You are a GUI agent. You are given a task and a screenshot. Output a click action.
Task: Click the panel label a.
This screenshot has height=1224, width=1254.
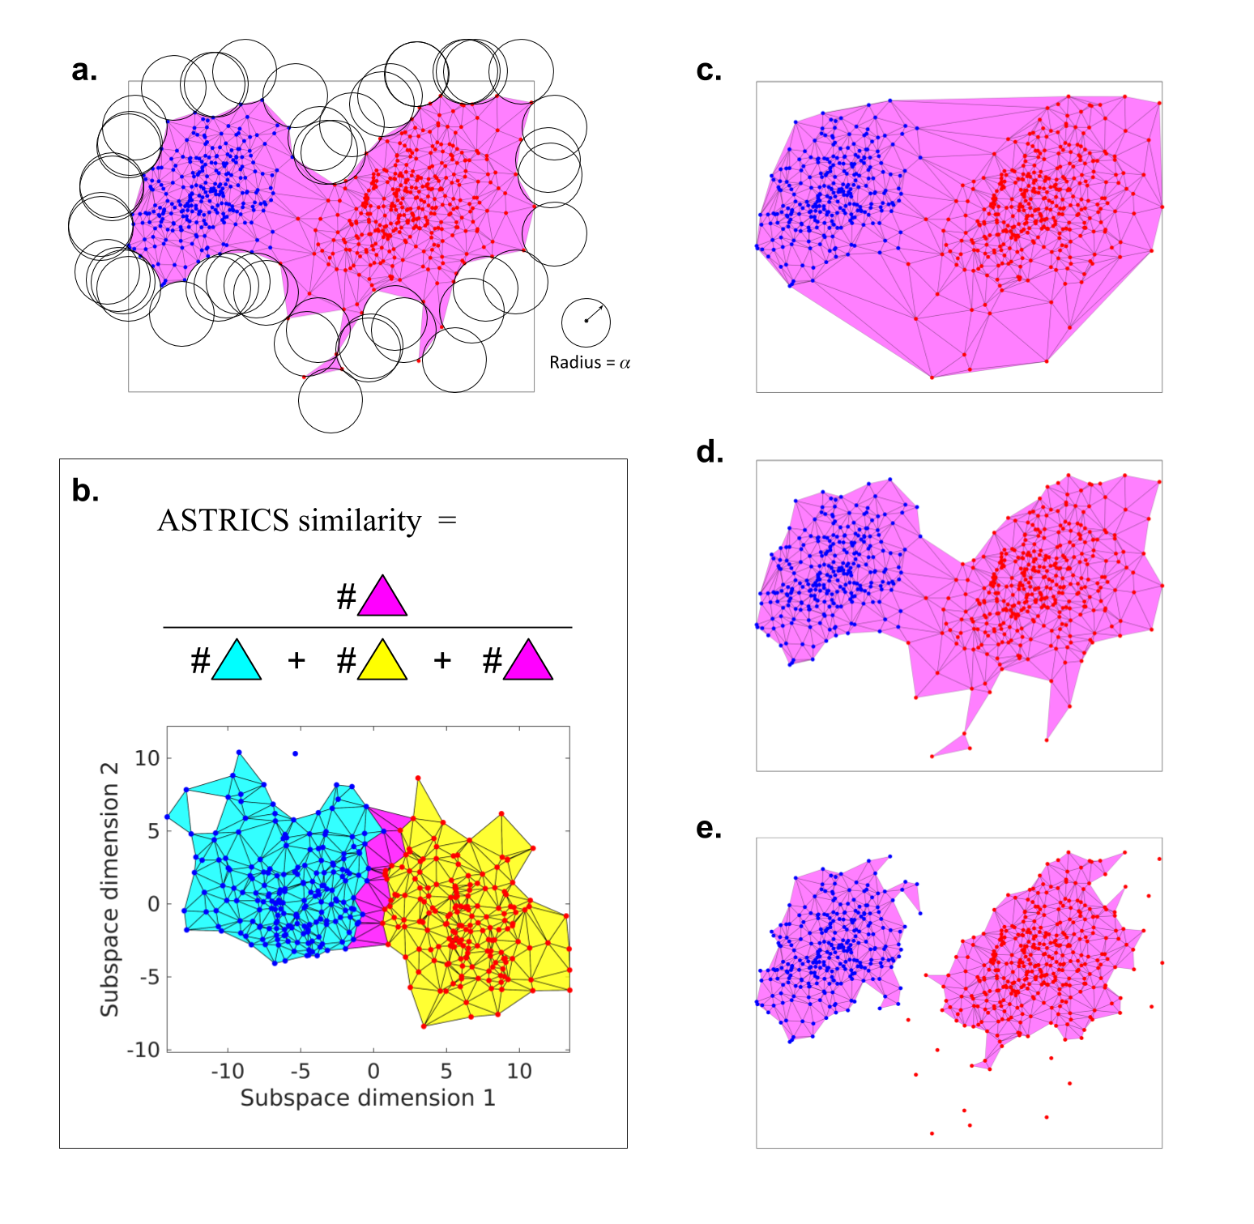point(84,70)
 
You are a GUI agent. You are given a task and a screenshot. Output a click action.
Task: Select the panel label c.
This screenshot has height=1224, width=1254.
point(709,70)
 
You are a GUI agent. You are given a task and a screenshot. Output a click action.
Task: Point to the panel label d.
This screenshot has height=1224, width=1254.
point(710,451)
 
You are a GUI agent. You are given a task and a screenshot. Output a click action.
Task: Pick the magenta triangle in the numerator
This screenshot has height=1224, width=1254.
point(382,598)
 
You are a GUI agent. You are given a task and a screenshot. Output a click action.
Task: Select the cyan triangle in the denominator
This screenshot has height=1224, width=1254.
point(236,661)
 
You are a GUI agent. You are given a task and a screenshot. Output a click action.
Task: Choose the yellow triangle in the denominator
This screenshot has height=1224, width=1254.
point(382,661)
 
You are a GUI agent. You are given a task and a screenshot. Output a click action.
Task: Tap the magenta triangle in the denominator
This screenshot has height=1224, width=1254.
point(527,661)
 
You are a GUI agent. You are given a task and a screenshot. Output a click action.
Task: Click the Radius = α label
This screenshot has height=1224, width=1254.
point(590,362)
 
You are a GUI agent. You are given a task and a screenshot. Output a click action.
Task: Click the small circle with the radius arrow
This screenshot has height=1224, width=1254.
point(586,321)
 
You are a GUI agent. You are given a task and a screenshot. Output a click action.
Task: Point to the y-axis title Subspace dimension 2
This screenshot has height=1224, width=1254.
point(109,889)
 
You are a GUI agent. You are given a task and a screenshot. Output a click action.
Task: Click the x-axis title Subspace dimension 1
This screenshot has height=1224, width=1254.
point(368,1098)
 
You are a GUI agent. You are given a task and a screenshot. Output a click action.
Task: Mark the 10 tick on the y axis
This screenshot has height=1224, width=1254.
point(147,757)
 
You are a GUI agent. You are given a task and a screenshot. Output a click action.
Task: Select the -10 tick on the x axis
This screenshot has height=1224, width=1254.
point(227,1071)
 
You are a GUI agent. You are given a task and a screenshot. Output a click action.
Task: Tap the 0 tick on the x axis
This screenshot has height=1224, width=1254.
point(373,1071)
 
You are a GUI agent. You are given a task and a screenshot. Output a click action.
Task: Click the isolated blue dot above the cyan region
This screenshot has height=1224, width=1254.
point(295,753)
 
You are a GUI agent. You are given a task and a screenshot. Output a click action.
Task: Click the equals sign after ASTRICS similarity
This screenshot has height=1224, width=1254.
point(447,520)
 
